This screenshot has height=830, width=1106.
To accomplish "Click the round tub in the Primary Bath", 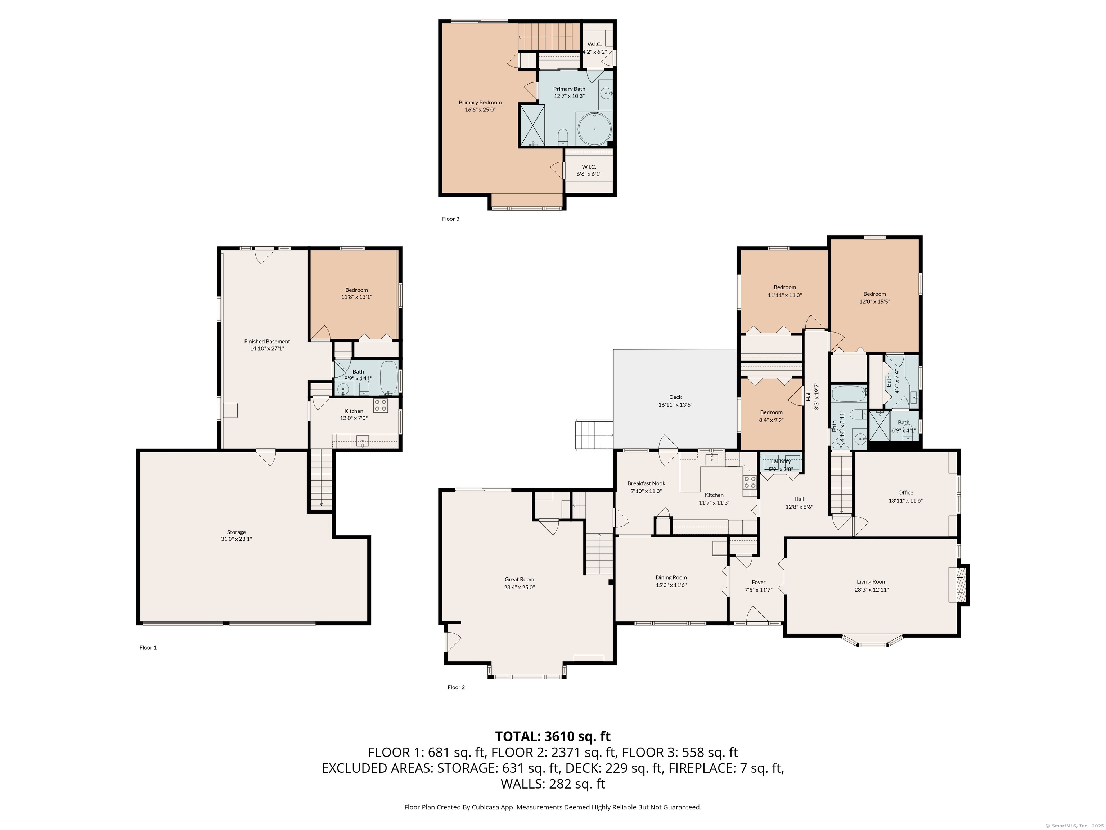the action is tap(594, 129).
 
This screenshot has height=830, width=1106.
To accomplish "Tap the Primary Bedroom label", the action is tap(480, 103).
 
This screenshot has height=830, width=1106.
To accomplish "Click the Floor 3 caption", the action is tap(450, 219).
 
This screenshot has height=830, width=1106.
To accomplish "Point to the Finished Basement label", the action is tap(267, 342).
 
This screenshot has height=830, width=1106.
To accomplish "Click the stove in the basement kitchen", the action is tap(381, 405).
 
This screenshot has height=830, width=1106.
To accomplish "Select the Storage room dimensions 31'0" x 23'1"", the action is tap(237, 539).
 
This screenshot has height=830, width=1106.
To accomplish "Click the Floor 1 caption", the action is tap(148, 647).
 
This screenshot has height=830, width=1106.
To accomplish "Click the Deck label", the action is tap(675, 397).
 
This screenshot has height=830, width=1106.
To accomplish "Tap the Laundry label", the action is tap(781, 461).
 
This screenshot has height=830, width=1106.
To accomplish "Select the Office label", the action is tap(905, 493).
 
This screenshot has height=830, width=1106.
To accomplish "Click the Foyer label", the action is tap(759, 583).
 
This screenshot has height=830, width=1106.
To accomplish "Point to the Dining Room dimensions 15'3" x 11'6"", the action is tap(671, 585).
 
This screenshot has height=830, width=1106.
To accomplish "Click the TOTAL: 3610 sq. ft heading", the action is tap(553, 736).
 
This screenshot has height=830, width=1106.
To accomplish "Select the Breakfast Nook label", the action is tap(647, 484).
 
